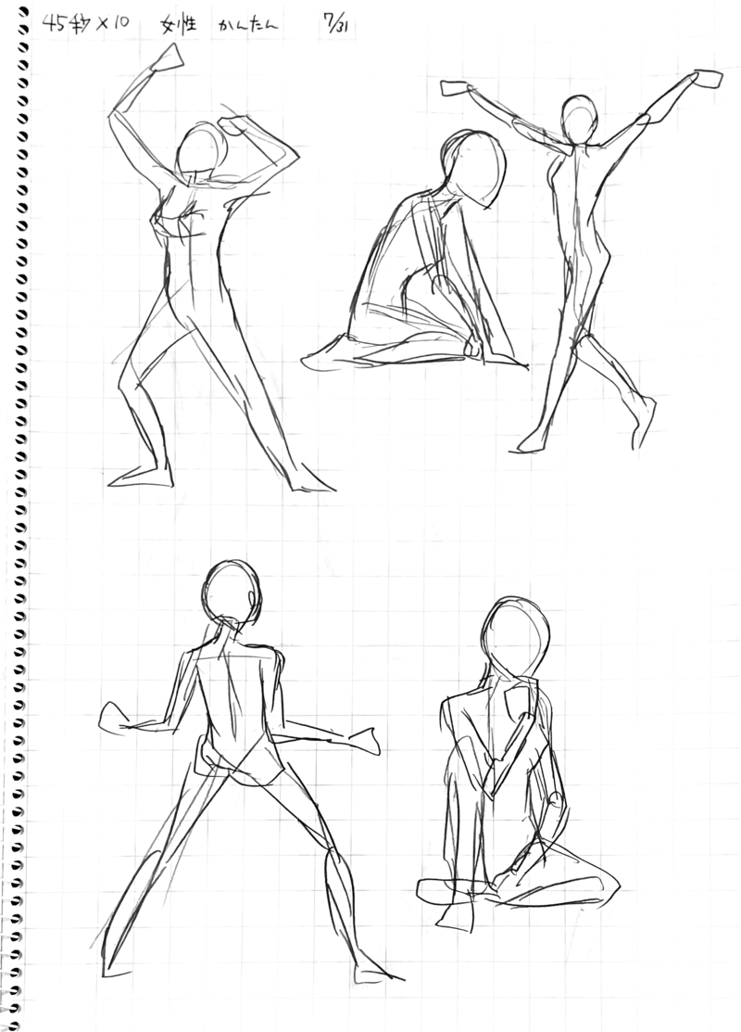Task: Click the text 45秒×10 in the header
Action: pyautogui.click(x=86, y=24)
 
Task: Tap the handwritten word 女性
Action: pyautogui.click(x=179, y=25)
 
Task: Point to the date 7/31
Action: pyautogui.click(x=335, y=26)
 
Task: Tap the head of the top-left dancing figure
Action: pyautogui.click(x=205, y=151)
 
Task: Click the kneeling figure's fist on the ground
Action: pyautogui.click(x=472, y=348)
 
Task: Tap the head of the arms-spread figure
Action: pyautogui.click(x=579, y=119)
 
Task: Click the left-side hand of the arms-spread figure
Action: pyautogui.click(x=454, y=87)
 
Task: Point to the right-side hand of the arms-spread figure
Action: pyautogui.click(x=707, y=78)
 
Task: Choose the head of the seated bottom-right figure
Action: pyautogui.click(x=514, y=636)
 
